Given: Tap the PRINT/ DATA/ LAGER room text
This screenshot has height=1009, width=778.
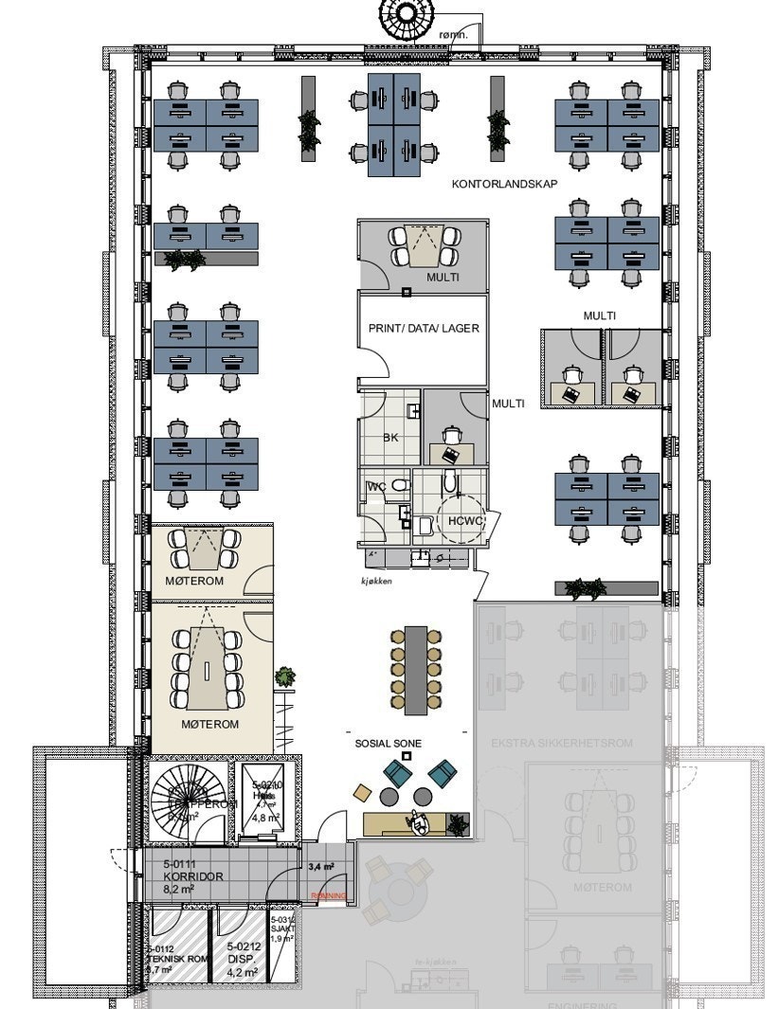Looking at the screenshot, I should click(x=423, y=328).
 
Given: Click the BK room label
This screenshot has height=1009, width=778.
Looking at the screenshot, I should click(x=390, y=438).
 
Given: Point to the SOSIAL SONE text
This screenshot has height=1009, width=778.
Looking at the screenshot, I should click(x=389, y=744).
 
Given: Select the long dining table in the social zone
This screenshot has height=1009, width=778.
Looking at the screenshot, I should click(x=415, y=670).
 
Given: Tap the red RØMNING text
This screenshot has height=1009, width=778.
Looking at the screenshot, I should click(x=329, y=896).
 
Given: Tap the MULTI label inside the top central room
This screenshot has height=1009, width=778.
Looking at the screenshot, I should click(x=442, y=278).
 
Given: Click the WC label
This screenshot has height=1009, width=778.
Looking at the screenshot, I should click(x=375, y=487).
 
